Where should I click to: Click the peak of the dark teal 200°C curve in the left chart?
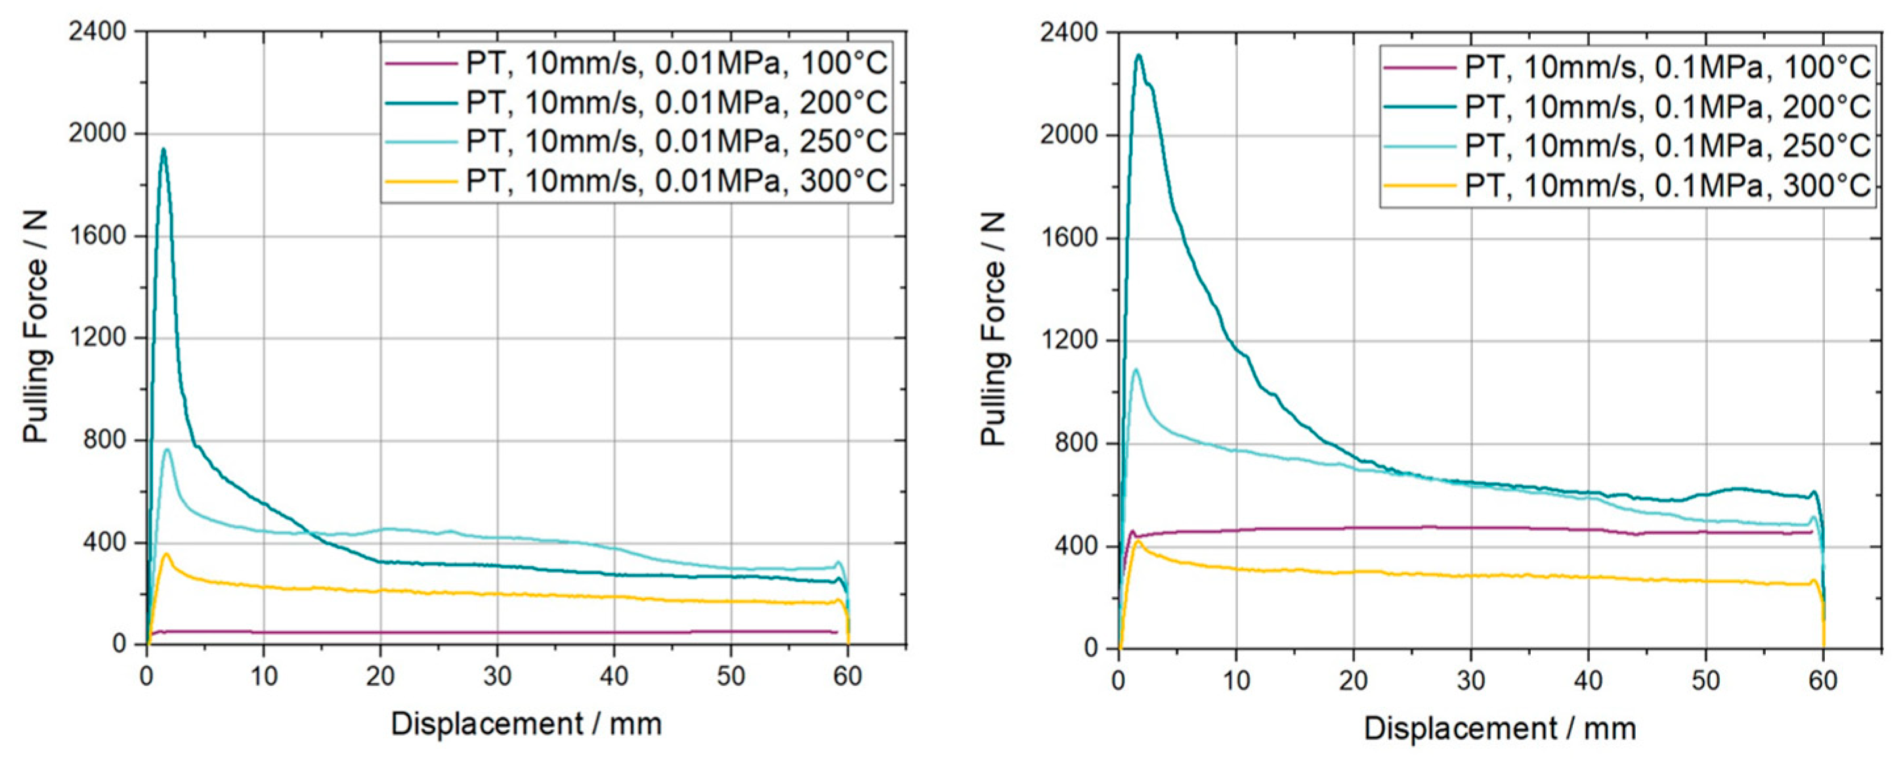[163, 150]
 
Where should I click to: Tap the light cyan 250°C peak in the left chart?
[167, 449]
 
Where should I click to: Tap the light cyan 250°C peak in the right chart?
[1136, 370]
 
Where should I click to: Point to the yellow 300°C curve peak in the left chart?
[167, 554]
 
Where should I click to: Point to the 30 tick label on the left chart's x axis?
[497, 677]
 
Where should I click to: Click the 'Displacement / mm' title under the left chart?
[526, 725]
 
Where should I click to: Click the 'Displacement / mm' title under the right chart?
[1500, 729]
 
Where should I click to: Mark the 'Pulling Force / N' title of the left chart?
[35, 326]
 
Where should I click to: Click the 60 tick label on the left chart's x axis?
[847, 677]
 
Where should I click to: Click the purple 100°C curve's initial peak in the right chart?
[1132, 531]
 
